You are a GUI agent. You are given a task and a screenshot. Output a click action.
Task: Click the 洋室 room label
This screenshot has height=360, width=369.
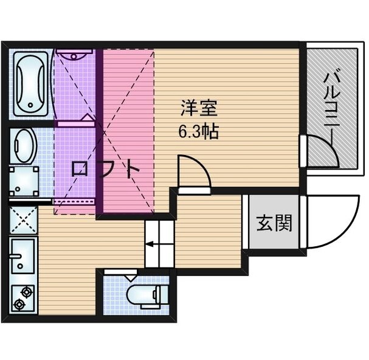point(199,108)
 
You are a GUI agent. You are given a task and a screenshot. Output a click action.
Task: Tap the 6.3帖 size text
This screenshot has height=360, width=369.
point(199,131)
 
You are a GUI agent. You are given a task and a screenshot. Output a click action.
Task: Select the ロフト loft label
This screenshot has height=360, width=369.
point(105,169)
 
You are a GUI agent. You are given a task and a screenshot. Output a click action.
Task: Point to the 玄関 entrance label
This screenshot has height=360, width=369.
point(274,223)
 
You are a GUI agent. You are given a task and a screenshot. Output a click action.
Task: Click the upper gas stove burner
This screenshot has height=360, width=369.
point(26,292)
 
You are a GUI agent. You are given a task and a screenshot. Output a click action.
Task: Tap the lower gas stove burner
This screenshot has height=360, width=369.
point(19,304)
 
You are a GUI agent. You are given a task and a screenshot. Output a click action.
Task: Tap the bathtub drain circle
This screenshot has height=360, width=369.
point(30,105)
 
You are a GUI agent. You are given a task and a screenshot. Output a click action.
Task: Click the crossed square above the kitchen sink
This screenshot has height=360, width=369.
point(23,220)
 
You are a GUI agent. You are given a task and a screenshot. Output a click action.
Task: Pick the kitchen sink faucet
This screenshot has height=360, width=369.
point(16,255)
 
